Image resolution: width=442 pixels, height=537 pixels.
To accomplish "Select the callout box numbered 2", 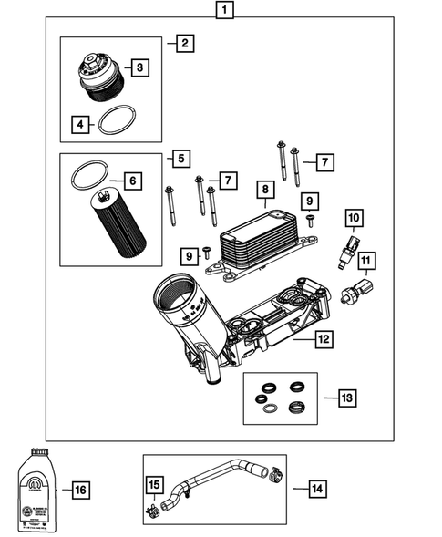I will (185, 43).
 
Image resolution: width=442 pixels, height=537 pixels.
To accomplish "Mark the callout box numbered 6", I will (133, 181).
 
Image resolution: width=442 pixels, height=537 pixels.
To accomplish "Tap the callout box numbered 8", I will (264, 190).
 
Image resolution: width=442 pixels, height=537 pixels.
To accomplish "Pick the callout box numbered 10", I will (354, 217).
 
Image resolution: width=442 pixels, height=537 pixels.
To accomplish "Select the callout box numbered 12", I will (323, 339).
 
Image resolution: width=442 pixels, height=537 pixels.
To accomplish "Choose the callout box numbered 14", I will (315, 489).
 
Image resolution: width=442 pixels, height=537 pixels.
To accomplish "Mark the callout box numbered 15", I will (156, 483).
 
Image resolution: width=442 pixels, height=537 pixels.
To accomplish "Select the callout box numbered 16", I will (80, 491).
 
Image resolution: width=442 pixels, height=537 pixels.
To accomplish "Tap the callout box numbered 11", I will (365, 264).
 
